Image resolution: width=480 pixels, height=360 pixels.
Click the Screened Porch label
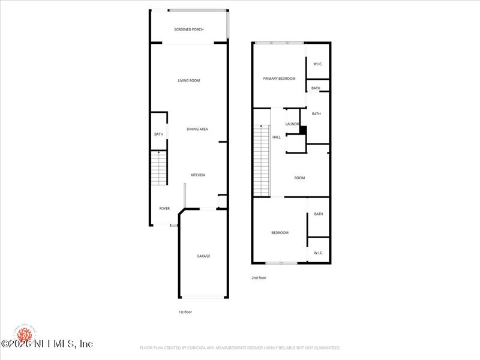pyautogui.click(x=188, y=29)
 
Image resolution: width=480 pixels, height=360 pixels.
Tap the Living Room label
pyautogui.click(x=188, y=80)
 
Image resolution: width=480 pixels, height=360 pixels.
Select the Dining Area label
pyautogui.click(x=197, y=129)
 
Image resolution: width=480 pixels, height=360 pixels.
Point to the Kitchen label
pyautogui.click(x=197, y=175)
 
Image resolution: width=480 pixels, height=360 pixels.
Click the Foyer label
pyautogui.click(x=164, y=209)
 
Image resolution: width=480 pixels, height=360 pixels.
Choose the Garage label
pyautogui.click(x=203, y=256)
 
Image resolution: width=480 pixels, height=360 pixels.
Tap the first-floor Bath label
pyautogui.click(x=158, y=134)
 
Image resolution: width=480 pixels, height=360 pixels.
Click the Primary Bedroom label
pyautogui.click(x=279, y=79)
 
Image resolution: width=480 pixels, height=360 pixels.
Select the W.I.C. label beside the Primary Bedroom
pyautogui.click(x=318, y=64)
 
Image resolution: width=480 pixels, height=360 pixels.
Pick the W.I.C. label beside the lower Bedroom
pyautogui.click(x=318, y=253)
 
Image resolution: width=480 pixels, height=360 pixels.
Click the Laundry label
pyautogui.click(x=292, y=124)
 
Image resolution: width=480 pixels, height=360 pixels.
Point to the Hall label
pyautogui.click(x=277, y=137)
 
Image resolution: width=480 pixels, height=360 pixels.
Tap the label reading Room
pyautogui.click(x=299, y=178)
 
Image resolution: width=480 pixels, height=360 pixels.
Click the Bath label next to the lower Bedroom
pyautogui.click(x=318, y=214)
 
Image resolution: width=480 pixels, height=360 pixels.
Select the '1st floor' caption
pyautogui.click(x=185, y=312)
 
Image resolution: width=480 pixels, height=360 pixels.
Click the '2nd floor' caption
pyautogui.click(x=259, y=278)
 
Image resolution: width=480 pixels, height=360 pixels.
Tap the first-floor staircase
pyautogui.click(x=158, y=169)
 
